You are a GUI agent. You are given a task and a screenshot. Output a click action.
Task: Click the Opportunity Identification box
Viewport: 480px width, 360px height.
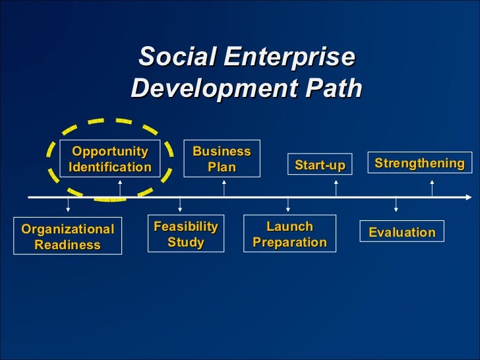pos(110,159)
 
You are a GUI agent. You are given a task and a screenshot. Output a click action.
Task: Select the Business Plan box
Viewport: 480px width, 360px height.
pos(222,159)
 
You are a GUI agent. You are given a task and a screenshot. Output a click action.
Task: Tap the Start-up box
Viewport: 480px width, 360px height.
pos(320,165)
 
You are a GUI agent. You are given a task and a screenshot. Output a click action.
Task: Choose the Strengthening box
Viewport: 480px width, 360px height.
pos(419,163)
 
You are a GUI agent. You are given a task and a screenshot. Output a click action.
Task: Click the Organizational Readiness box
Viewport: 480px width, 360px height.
pos(68,237)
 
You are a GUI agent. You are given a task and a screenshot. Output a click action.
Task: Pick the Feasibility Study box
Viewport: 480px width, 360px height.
pos(185,234)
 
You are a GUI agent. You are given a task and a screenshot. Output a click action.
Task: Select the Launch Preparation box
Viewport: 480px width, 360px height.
pos(289,234)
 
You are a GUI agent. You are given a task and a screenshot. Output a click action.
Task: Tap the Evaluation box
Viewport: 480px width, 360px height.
pos(402,232)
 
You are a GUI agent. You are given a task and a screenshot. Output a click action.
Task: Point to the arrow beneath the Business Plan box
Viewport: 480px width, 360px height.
pos(224,187)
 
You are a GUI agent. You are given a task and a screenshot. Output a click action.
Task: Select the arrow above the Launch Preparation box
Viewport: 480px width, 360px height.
pos(287,206)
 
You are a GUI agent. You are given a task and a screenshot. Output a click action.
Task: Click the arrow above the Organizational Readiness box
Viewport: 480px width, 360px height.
pos(68,207)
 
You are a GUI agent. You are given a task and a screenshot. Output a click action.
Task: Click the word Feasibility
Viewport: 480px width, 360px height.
pos(185,227)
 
